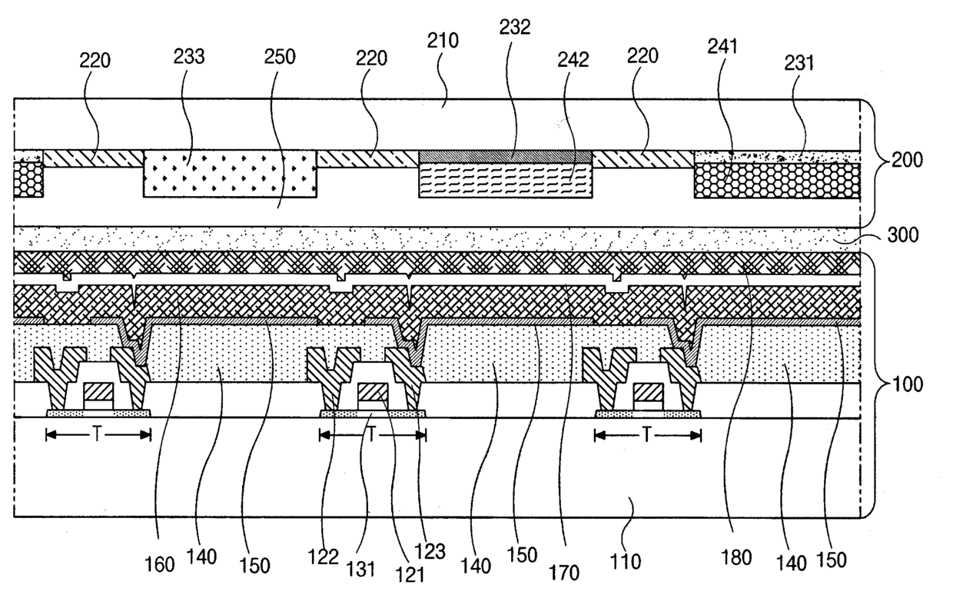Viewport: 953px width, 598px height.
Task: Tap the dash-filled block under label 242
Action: pos(505,181)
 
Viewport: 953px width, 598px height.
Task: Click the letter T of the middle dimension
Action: pos(372,435)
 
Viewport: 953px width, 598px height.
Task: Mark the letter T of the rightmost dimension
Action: pos(648,435)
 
